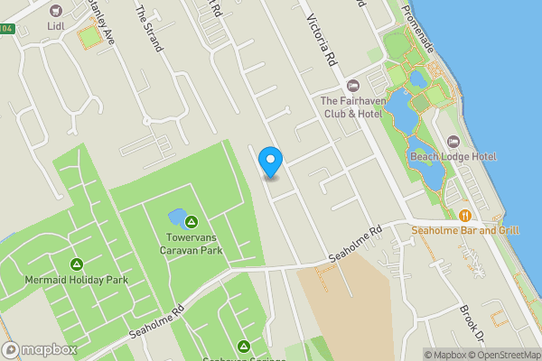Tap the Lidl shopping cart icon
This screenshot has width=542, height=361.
click(56, 11)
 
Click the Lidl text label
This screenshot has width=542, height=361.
click(56, 27)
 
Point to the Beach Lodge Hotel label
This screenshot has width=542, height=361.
click(453, 157)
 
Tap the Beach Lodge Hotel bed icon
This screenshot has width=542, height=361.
click(453, 142)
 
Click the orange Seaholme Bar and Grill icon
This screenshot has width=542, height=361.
click(464, 215)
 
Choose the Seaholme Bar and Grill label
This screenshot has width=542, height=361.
click(464, 230)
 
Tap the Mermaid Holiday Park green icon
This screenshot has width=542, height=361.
click(76, 264)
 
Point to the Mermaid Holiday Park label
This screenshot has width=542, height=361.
click(76, 280)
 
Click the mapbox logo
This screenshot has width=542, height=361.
click(38, 349)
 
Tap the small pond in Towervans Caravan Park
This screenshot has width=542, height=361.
click(177, 218)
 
